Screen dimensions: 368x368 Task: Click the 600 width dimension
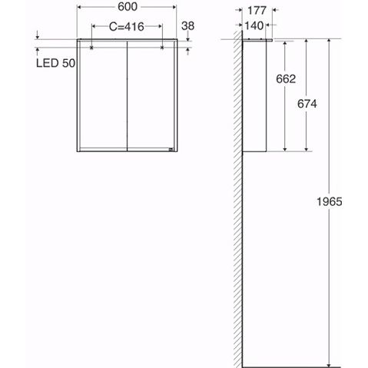coord(128,7)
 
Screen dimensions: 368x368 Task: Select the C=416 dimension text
coord(127,27)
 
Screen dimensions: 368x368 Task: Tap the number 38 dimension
coord(187,26)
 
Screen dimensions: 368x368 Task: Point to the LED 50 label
coord(55,63)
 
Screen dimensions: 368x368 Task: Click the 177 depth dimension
coord(257,11)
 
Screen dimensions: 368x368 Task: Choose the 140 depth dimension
coord(254,25)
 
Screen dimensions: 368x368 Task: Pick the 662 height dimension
coord(286,78)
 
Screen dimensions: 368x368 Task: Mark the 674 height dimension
coord(307,104)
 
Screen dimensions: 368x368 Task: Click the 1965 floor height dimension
coord(330,201)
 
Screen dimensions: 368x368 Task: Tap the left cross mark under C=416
coord(91,48)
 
